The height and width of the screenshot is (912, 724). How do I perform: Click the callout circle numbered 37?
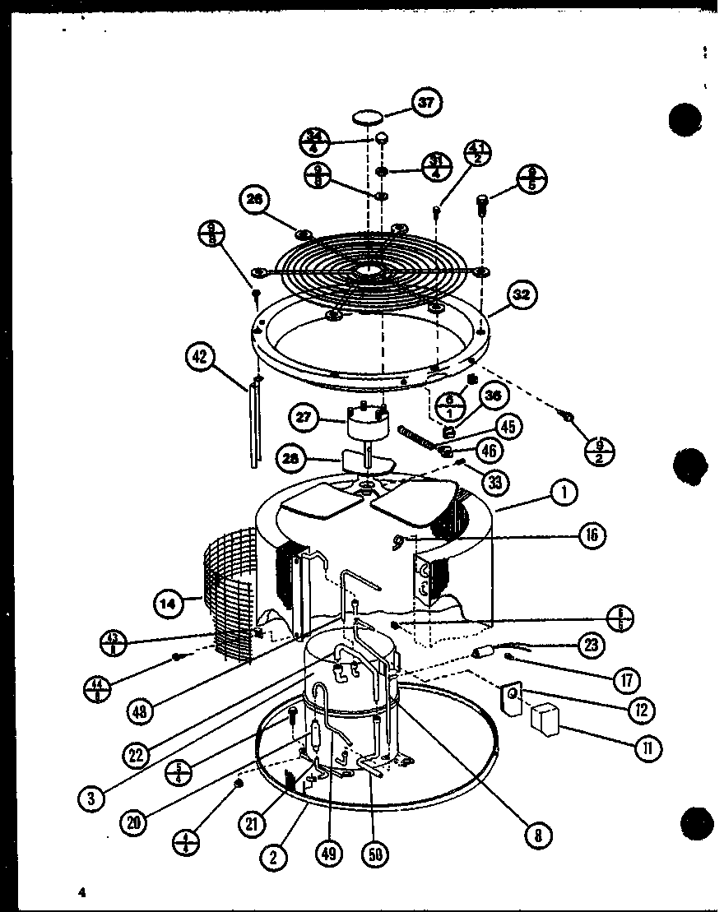[425, 103]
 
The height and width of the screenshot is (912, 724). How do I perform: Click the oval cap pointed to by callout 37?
[370, 119]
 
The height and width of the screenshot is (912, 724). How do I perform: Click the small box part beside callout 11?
[545, 720]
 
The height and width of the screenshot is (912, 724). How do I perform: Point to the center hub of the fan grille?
[368, 271]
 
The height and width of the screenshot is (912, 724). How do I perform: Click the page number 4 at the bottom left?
[81, 891]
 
